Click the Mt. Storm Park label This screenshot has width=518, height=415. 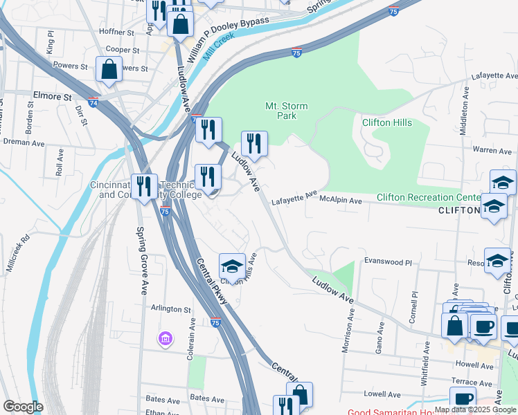point(287,111)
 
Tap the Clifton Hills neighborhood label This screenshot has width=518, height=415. point(387,123)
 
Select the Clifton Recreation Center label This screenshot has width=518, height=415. point(428,198)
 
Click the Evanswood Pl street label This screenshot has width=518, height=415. point(388,263)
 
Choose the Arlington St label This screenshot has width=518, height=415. point(166,309)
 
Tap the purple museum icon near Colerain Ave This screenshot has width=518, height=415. point(166,339)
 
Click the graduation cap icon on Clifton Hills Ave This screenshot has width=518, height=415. point(232,265)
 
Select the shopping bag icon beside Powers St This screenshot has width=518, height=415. point(109,70)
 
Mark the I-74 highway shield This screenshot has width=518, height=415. point(93,102)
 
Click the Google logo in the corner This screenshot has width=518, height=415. point(23,407)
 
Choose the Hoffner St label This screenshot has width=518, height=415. point(116,32)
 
